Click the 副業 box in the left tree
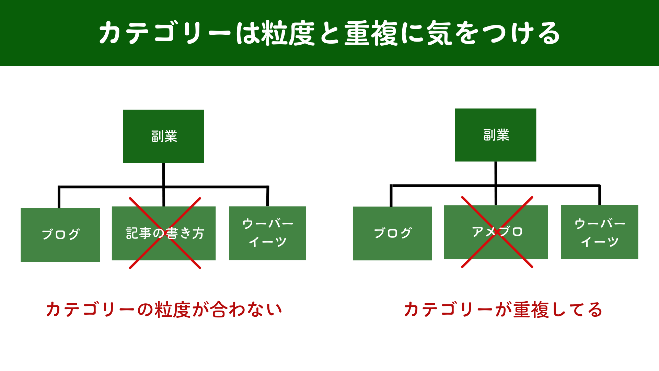click(x=163, y=136)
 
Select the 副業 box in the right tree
click(x=495, y=135)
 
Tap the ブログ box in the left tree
click(x=60, y=235)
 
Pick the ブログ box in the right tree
click(x=392, y=233)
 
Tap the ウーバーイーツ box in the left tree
click(x=267, y=233)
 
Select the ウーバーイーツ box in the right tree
click(x=599, y=232)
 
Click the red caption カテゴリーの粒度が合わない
click(x=164, y=310)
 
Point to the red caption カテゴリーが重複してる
click(x=503, y=310)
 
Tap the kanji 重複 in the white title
click(x=371, y=33)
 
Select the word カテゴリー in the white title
click(x=165, y=33)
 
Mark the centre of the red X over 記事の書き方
click(x=165, y=233)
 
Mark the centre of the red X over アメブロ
click(x=497, y=232)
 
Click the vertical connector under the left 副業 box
click(x=164, y=175)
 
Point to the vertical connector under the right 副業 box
click(x=496, y=173)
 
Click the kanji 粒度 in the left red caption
click(x=172, y=310)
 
